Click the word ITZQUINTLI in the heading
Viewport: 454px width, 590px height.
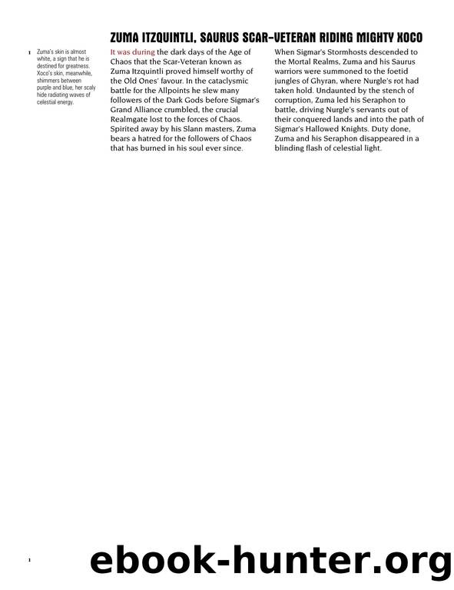pyautogui.click(x=171, y=37)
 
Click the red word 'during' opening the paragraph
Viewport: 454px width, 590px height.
pyautogui.click(x=142, y=52)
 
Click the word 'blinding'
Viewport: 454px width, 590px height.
pyautogui.click(x=296, y=149)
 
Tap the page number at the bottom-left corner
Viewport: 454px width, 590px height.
pyautogui.click(x=28, y=562)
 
